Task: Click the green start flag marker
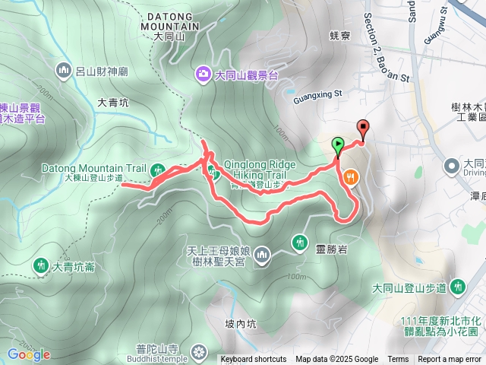337,143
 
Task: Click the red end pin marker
363,128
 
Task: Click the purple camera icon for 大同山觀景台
204,74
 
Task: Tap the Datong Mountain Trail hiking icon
157,169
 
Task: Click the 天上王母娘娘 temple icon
262,254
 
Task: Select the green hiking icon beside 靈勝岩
300,242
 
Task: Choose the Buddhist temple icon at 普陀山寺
199,351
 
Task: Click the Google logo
28,354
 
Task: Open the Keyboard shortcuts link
254,360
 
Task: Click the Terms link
398,360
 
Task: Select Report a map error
450,360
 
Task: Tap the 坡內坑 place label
241,324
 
